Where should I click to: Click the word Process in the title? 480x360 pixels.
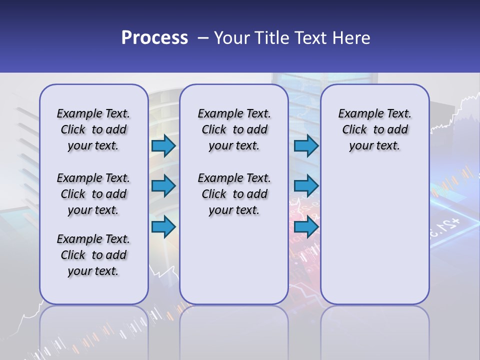[x=154, y=37]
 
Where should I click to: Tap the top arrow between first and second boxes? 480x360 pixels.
[x=163, y=146]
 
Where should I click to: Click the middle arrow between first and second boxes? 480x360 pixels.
[x=163, y=186]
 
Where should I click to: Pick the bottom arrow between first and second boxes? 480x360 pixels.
[x=163, y=227]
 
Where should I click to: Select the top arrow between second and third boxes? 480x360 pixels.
[x=306, y=146]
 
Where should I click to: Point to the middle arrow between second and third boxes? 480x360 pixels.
[x=306, y=186]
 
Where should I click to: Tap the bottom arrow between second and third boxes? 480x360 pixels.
[x=306, y=227]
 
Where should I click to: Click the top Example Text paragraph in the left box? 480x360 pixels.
[x=93, y=129]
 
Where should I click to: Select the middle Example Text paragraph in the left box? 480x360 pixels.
[x=93, y=194]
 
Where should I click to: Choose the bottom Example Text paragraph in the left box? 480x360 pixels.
[x=93, y=255]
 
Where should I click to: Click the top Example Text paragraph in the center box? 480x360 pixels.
[x=234, y=129]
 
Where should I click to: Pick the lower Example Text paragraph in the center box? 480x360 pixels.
[x=234, y=194]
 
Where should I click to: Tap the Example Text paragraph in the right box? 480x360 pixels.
[x=374, y=129]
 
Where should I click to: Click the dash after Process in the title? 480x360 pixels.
[x=203, y=37]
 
